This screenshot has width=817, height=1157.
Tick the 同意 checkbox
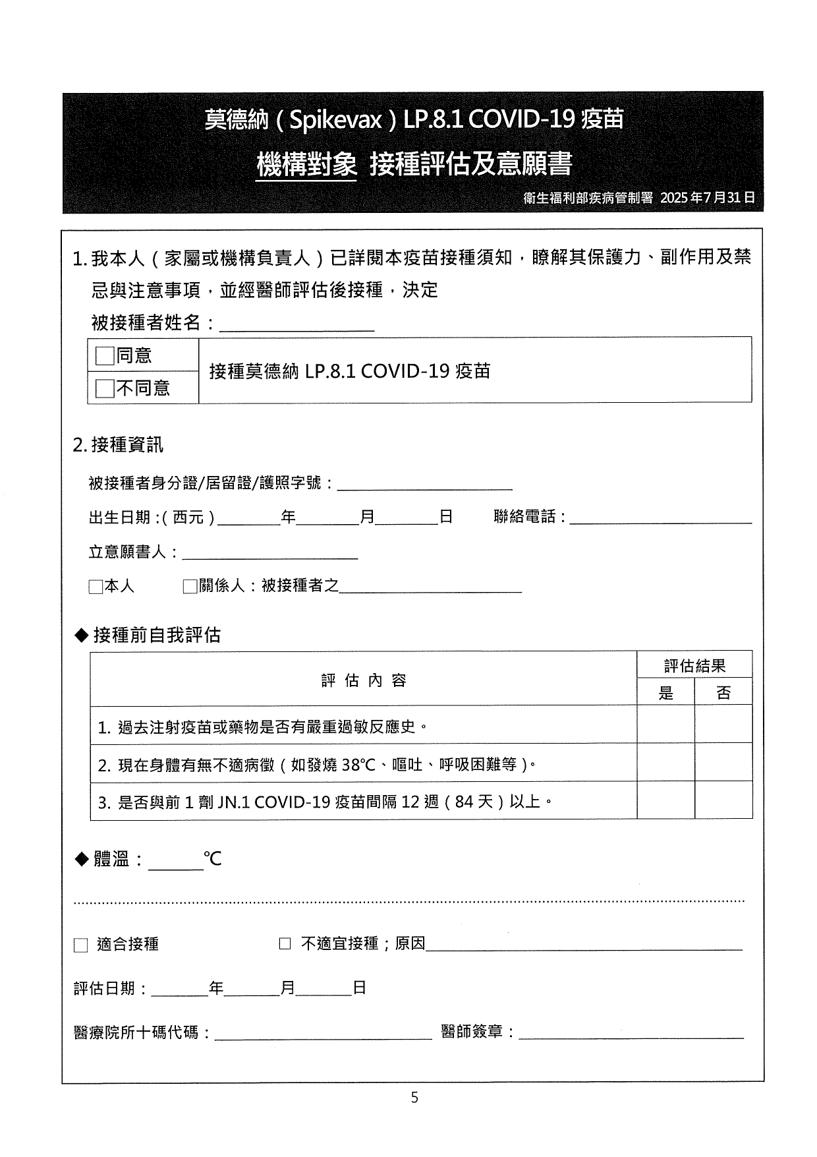coord(105,356)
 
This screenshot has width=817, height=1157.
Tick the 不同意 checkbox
coord(105,388)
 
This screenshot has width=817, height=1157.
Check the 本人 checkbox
coord(96,587)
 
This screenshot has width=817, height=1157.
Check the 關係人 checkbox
coord(190,587)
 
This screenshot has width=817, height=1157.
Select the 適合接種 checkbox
coord(80,945)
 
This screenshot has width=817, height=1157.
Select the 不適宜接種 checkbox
coord(285,944)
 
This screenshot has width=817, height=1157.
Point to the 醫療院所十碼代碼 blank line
coord(323,1032)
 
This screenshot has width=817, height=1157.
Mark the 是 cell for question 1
coord(665,725)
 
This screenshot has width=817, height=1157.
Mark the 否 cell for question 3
coord(723,801)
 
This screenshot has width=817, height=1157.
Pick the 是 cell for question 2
coord(665,763)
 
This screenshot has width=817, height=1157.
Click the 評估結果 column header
coord(694,665)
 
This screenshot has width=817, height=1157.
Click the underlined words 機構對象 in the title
coord(306,164)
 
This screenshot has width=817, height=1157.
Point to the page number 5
coord(414,1098)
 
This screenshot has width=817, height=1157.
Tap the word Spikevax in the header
coord(336,120)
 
